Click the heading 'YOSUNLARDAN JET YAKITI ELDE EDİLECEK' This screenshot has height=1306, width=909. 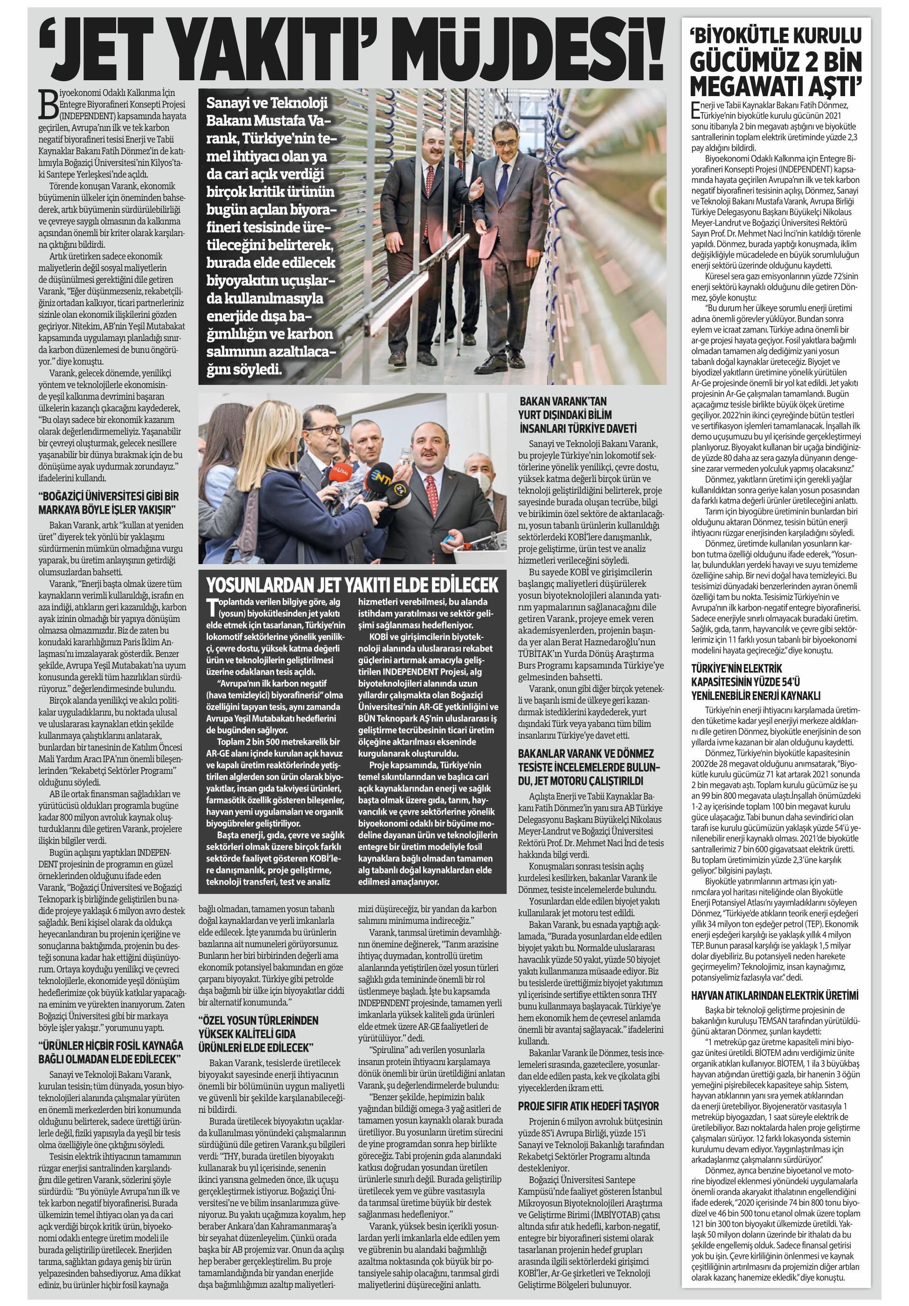click(352, 584)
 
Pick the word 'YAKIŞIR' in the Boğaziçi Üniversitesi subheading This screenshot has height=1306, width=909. click(155, 508)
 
